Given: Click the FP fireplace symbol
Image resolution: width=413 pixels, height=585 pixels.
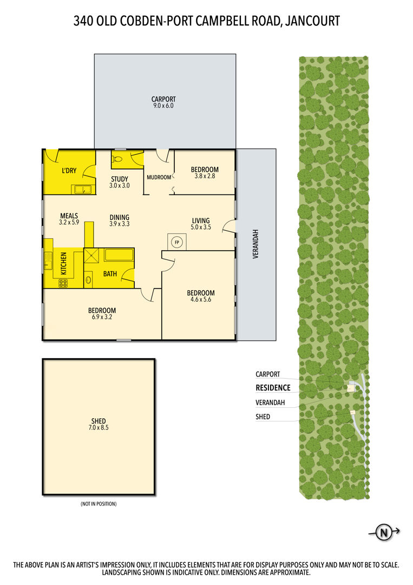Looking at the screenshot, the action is point(177,242).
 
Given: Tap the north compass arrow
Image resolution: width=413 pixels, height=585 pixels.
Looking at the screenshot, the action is point(384,532).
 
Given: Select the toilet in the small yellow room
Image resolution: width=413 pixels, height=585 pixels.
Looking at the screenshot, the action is point(118,159).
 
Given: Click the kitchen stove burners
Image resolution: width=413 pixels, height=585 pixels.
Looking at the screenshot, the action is point(63,283).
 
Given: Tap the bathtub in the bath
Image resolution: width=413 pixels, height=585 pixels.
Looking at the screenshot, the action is point(119,255).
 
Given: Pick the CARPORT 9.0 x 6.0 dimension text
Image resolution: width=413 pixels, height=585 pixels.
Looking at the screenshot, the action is point(163,106).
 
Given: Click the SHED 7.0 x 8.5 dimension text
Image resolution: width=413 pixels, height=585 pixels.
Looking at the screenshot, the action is point(99,427).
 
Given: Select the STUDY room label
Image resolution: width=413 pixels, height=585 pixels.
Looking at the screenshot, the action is point(119,179).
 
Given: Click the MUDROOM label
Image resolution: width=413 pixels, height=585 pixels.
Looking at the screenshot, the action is point(159,177).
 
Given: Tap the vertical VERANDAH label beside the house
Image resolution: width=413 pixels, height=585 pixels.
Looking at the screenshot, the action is point(255,244).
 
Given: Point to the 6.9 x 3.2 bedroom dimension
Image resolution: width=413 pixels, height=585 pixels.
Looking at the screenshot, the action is point(102,317).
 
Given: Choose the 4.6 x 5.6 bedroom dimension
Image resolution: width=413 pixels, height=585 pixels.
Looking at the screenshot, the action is point(200,299).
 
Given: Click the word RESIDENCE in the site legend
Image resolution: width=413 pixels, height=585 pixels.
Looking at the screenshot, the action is point(273,388).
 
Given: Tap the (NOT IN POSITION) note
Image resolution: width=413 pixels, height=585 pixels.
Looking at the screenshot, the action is point(99,504).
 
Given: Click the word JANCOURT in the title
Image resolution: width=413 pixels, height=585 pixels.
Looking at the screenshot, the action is point(312,21).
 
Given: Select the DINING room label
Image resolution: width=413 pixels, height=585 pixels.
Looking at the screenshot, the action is point(119,218).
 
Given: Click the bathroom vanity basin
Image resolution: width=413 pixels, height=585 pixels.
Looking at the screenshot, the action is point(88,279).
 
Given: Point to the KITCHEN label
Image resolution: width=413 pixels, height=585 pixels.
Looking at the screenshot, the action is point(63,263).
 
